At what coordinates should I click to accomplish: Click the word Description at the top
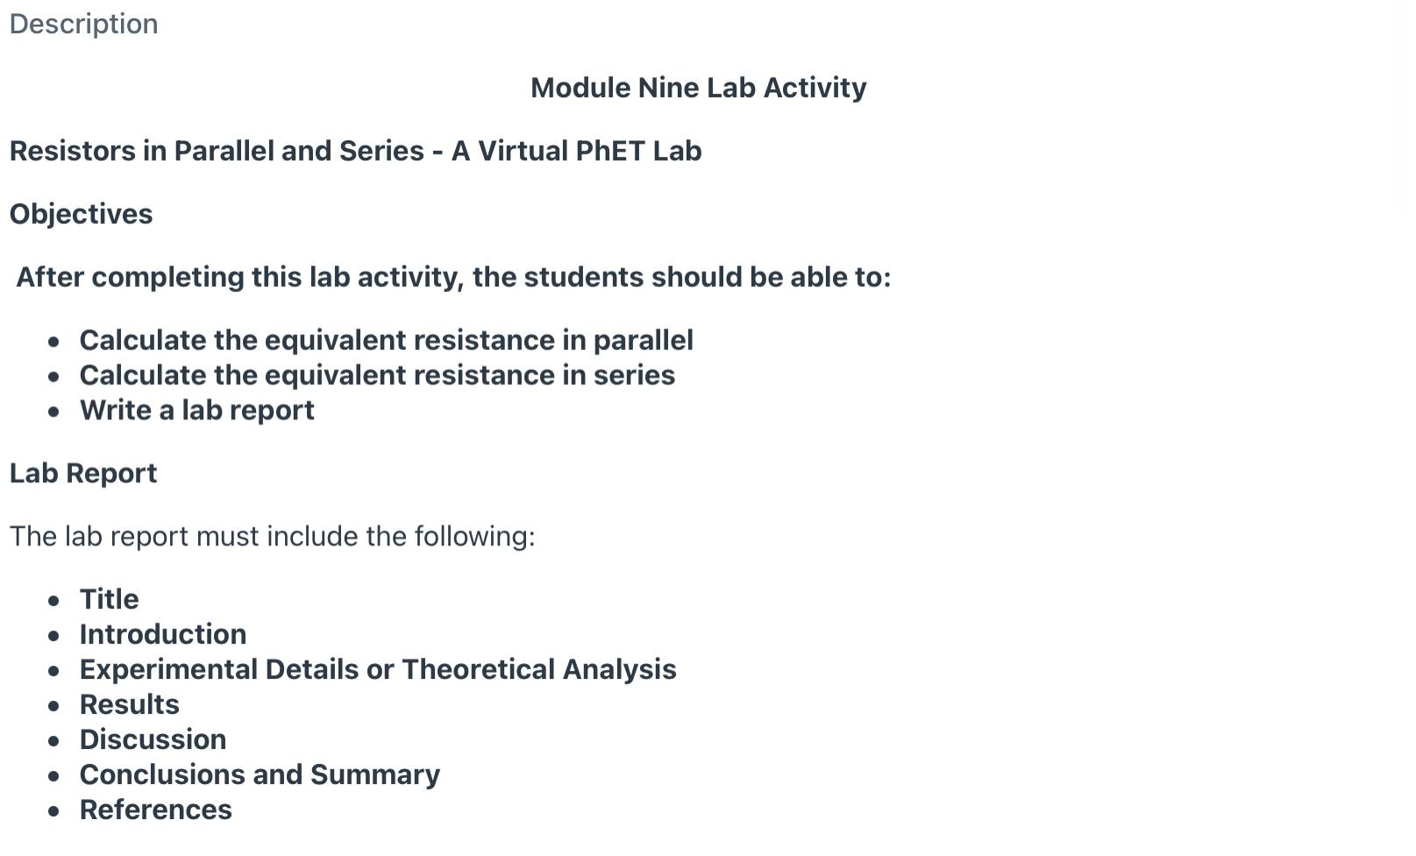(x=83, y=24)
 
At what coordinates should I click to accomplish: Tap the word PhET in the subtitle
(x=609, y=151)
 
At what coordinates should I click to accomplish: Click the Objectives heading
(x=81, y=214)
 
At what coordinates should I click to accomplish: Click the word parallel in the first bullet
(x=643, y=340)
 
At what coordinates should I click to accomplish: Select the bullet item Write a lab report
(x=196, y=410)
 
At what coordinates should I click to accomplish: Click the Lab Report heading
(x=83, y=474)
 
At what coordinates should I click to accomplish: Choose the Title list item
(x=109, y=599)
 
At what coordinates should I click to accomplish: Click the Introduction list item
(x=163, y=634)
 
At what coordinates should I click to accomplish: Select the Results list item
(x=129, y=704)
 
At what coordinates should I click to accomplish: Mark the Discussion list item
(x=153, y=739)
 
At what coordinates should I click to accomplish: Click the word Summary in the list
(x=374, y=774)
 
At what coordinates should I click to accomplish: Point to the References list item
(x=155, y=810)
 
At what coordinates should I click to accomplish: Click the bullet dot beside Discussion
(x=54, y=741)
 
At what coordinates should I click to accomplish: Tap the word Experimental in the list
(x=170, y=669)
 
